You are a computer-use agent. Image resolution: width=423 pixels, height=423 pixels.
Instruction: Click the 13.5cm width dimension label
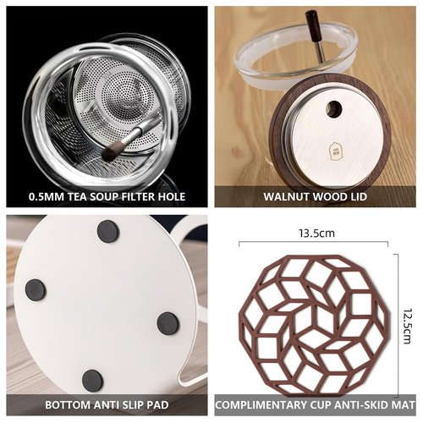coord(316,233)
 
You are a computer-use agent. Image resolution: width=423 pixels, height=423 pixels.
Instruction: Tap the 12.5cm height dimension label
coord(407,326)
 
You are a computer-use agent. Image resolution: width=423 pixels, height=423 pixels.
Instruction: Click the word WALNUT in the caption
coord(286,196)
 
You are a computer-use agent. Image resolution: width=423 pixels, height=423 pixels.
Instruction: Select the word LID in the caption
coord(358,196)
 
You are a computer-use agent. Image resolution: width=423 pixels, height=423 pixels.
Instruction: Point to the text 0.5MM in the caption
coord(47,196)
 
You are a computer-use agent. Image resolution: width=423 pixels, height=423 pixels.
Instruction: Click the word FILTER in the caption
coord(138,196)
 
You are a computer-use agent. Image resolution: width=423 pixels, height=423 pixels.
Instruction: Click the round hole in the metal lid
coord(334,108)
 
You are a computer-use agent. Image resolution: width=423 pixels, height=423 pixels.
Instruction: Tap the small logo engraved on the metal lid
coord(334,149)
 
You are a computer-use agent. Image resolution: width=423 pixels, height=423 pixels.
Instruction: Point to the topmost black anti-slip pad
coord(108,231)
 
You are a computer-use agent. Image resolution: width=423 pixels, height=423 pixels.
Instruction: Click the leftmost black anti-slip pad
coord(36,290)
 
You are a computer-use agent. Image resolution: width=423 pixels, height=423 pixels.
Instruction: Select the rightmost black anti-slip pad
coord(168,324)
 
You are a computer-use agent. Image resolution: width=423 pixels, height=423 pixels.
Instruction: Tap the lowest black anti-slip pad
coord(92,381)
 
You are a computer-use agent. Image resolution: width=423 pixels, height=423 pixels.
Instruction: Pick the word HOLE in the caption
coord(171,196)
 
